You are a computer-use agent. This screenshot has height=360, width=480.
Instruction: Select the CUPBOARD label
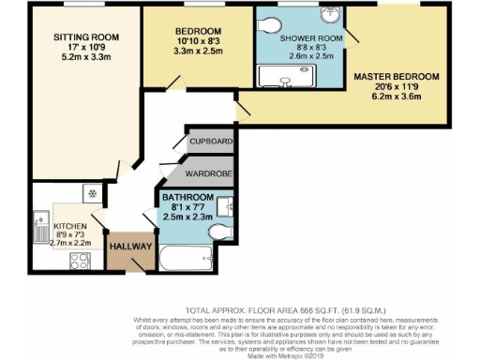click(x=211, y=142)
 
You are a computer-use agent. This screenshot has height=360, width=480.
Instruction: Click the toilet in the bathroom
click(x=217, y=231)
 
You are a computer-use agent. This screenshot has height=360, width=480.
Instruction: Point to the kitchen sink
click(x=39, y=226)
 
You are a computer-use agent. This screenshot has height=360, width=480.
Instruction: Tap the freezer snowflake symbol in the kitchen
click(x=93, y=193)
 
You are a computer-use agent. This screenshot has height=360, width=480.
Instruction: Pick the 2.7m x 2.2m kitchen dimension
click(x=71, y=242)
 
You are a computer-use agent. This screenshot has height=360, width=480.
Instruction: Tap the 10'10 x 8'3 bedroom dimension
click(x=197, y=40)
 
